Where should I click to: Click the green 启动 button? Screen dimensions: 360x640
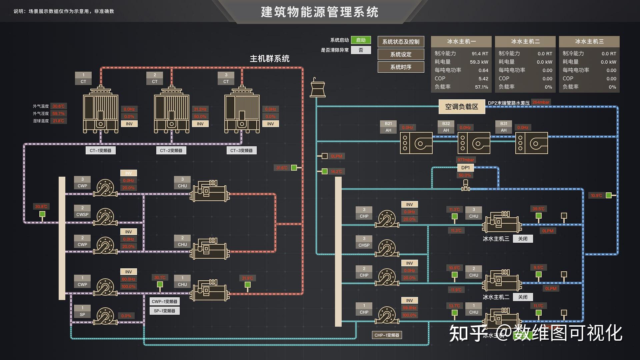[x=361, y=40]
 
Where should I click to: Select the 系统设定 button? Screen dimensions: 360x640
[x=401, y=54]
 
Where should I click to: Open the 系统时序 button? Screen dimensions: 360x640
[x=401, y=67]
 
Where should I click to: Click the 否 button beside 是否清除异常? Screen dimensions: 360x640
[x=361, y=50]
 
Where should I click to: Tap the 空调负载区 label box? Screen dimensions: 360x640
[x=462, y=107]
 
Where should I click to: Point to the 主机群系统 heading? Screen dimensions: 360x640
[x=269, y=59]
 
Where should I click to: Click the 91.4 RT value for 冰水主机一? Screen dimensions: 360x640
[x=480, y=54]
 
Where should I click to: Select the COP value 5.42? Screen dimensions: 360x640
[x=483, y=79]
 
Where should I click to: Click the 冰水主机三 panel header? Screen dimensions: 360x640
[x=589, y=41]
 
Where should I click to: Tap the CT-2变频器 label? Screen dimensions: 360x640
[x=171, y=151]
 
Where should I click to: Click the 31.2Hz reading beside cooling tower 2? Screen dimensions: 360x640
[x=200, y=109]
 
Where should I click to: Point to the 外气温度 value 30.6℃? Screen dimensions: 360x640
[x=59, y=106]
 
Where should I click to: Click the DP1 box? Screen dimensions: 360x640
[x=465, y=168]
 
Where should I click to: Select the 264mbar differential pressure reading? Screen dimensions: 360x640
[x=541, y=102]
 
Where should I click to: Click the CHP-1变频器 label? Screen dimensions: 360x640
[x=387, y=335]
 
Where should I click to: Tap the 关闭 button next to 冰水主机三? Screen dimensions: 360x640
[x=523, y=239]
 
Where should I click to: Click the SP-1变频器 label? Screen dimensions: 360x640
[x=164, y=311]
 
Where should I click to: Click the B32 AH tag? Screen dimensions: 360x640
[x=446, y=127]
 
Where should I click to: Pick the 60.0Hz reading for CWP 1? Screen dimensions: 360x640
[x=128, y=279]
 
